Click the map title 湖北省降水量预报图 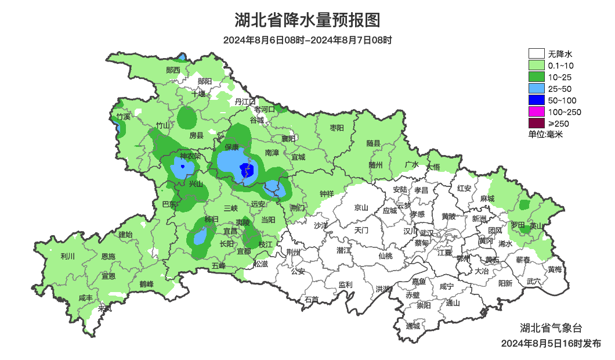tap(307, 20)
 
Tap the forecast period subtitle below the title tap(307, 41)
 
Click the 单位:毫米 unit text tap(545, 134)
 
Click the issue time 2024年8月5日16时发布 tap(551, 344)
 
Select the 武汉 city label tap(427, 232)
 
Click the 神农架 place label tap(190, 156)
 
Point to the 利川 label tap(68, 256)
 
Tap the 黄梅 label tap(555, 269)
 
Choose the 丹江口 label tap(245, 102)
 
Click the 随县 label tap(373, 143)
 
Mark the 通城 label tap(413, 326)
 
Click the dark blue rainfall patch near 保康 tap(246, 171)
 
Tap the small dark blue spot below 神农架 tap(183, 167)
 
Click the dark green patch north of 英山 tap(525, 204)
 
